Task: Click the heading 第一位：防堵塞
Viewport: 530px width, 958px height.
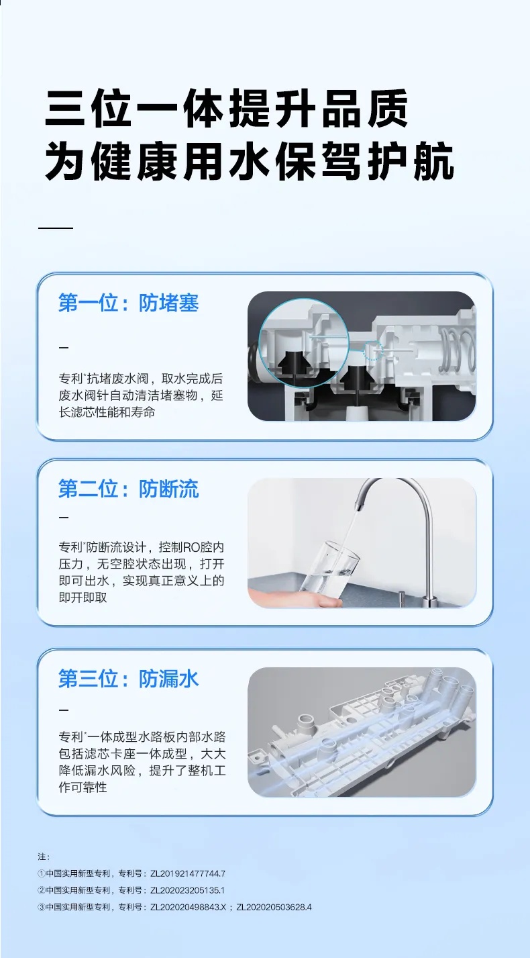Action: pos(129,303)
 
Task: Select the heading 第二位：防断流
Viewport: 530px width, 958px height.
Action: pos(129,489)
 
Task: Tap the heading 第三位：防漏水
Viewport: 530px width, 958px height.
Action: pos(129,679)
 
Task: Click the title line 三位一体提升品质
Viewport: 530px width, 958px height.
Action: pos(227,108)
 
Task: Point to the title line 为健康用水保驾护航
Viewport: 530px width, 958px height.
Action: pos(249,162)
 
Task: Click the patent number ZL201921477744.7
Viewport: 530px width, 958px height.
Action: pos(188,873)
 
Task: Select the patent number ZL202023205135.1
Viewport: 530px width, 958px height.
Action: pos(187,890)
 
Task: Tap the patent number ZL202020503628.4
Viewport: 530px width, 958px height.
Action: pos(274,907)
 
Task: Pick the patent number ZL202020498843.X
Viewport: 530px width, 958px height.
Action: pos(188,907)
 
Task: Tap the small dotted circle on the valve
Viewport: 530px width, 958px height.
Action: pos(372,350)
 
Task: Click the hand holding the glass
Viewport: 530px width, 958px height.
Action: pos(295,597)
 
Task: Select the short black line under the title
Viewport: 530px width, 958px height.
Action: pos(56,228)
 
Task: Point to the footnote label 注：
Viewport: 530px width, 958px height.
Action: pos(44,857)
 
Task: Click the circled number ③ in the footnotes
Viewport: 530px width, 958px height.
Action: pos(42,907)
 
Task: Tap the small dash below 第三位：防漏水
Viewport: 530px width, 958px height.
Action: pos(64,710)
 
